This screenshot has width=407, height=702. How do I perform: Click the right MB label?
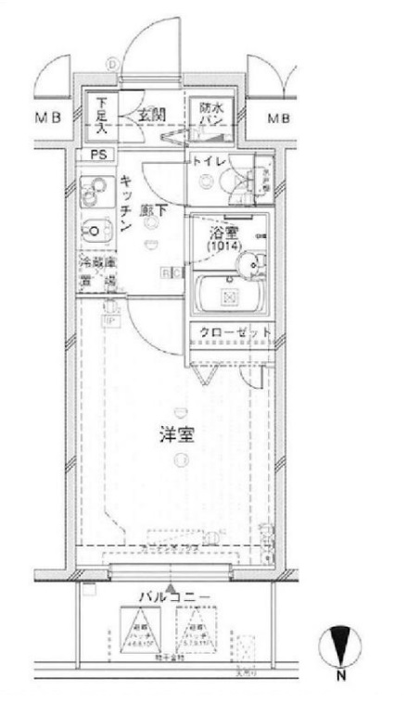277,119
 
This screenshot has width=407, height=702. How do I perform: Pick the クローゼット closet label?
234,332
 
